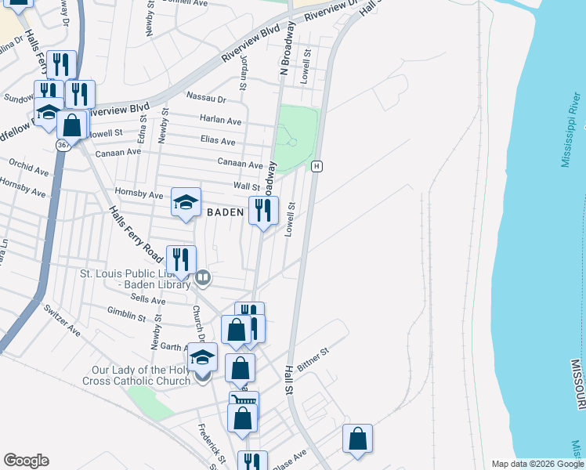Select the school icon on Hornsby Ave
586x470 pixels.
(x=186, y=203)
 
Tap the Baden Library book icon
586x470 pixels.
(x=204, y=277)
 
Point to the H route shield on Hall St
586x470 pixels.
(x=317, y=166)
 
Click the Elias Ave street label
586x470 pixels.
(x=218, y=142)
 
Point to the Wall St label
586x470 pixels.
(x=246, y=186)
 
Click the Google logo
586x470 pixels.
(x=26, y=461)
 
